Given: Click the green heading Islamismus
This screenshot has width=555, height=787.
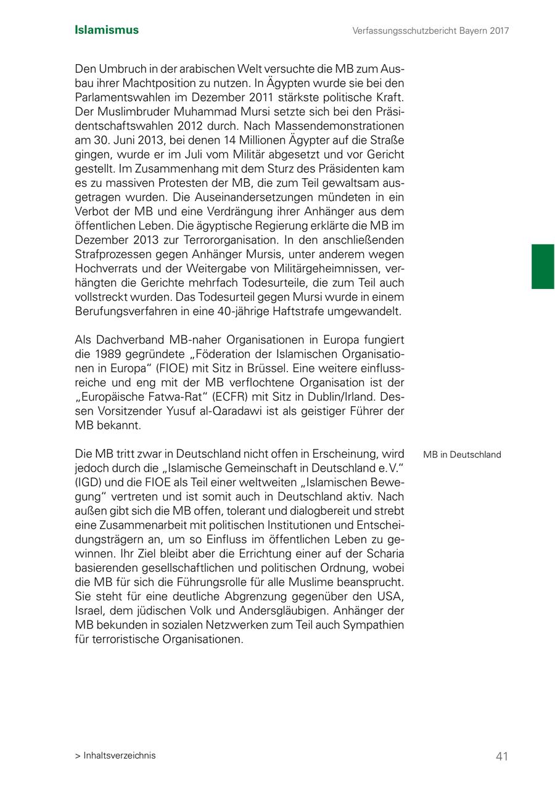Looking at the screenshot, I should click(107, 30).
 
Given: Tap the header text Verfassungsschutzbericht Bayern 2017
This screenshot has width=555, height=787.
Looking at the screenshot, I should click(430, 30).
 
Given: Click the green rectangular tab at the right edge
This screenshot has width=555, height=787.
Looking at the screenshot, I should click(543, 266).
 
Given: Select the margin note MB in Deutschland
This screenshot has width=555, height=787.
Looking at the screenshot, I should click(462, 455).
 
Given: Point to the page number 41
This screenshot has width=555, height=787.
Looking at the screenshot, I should click(502, 756).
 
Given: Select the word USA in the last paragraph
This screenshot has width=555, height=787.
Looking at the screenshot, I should click(391, 596).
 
